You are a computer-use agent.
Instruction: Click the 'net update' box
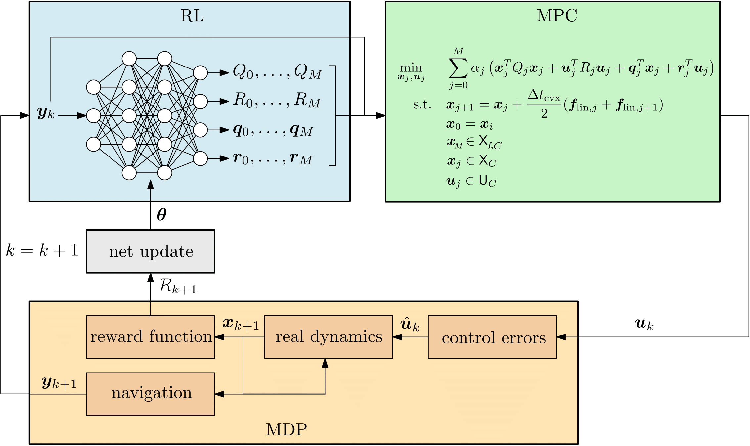151,251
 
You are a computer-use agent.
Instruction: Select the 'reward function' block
151,337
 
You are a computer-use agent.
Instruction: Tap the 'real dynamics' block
329,337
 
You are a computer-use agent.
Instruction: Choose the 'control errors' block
492,337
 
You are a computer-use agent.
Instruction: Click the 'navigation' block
151,394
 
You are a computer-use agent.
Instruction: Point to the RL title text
192,16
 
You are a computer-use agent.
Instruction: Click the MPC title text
556,16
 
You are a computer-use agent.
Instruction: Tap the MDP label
286,429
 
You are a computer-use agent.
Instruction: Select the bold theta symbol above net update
161,215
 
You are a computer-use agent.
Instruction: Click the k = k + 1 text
42,250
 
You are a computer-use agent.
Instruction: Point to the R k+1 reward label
178,287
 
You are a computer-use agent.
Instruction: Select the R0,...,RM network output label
277,100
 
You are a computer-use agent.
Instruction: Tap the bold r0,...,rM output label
273,158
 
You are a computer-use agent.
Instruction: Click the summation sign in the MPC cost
458,68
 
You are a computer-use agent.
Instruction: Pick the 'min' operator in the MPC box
411,68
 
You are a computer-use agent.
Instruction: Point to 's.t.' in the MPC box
422,105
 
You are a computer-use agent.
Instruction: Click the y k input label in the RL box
46,113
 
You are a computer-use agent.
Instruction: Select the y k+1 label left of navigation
59,383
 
